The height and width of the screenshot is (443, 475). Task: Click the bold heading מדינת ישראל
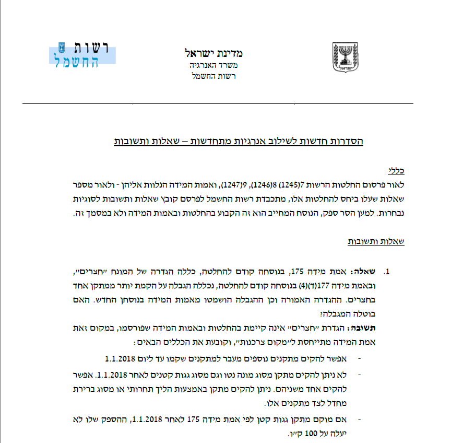click(x=213, y=53)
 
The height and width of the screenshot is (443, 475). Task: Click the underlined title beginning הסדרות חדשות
click(x=239, y=142)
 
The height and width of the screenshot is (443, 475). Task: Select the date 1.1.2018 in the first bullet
click(x=121, y=358)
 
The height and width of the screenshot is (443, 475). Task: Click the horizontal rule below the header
click(x=218, y=104)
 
